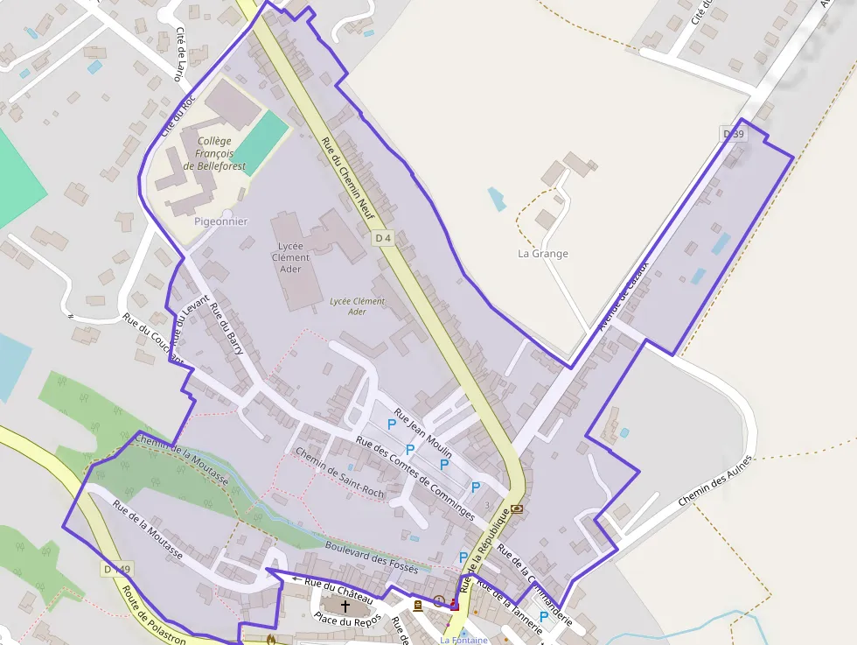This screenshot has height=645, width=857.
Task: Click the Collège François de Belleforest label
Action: point(215,153)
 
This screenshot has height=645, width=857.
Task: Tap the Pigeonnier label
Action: point(220,221)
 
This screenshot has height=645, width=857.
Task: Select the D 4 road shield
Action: point(382,238)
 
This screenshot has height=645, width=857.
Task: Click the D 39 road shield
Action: point(734,134)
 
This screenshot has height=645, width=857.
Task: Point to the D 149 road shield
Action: point(116,570)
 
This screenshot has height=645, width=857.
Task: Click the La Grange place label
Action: point(543,254)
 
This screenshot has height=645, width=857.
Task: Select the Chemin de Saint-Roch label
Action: point(339,473)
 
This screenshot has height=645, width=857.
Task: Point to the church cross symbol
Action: point(345,606)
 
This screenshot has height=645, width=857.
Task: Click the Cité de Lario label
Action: point(181,54)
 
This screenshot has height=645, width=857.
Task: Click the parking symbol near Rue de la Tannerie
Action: point(543,617)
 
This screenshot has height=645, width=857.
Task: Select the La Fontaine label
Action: point(463,640)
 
